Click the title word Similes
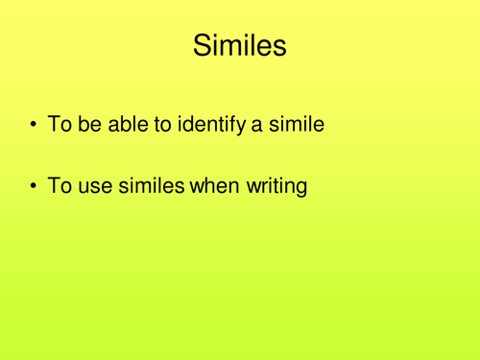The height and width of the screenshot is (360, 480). (x=239, y=45)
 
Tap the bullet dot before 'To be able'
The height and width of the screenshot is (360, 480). (x=36, y=124)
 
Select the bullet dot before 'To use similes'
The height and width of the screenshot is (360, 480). (x=36, y=185)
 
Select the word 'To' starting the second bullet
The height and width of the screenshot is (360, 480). (x=61, y=184)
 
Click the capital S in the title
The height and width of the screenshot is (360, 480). (x=203, y=45)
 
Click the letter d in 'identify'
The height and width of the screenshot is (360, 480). (x=195, y=123)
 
